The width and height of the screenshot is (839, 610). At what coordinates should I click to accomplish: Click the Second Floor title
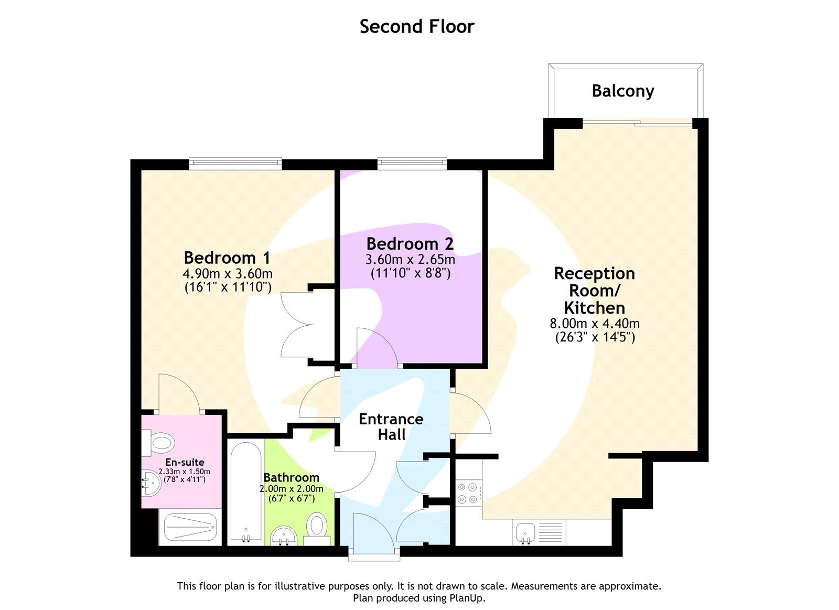point(417,26)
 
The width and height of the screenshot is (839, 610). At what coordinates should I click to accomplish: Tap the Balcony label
point(622,91)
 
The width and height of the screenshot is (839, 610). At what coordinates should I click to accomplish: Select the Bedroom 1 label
point(227,258)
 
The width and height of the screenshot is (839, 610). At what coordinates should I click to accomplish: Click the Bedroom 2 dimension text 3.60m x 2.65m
point(410,260)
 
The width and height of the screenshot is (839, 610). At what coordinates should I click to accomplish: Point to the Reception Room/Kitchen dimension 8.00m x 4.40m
point(594,323)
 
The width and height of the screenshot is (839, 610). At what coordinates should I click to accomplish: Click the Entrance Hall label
point(391,426)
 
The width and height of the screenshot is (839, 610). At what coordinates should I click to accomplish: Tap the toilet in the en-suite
point(158,442)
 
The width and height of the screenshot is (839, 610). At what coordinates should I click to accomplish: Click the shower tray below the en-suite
point(190,527)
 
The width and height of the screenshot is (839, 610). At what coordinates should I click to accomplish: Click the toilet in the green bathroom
point(317,526)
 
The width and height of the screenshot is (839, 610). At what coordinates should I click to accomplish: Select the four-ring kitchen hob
point(468,493)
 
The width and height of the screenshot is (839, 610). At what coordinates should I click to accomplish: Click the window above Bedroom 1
point(235,163)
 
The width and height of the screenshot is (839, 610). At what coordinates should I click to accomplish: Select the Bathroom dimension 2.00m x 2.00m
point(291,488)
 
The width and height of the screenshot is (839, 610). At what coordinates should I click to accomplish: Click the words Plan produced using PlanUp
point(419,598)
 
